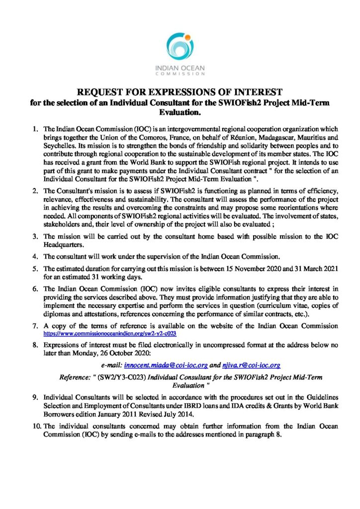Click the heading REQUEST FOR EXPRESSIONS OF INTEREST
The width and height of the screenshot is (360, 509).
(180, 92)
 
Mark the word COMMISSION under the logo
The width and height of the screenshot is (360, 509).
(180, 73)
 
